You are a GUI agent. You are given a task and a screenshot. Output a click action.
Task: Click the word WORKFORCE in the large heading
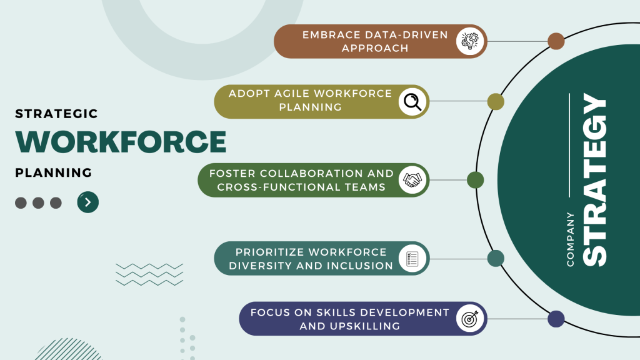(x=121, y=142)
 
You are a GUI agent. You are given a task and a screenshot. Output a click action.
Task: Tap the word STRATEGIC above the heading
(x=56, y=114)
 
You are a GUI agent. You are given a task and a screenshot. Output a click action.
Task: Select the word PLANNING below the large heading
(x=53, y=172)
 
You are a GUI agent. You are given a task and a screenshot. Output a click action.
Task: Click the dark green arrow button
(x=88, y=202)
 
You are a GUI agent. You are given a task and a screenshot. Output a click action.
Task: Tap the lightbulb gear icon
(x=469, y=41)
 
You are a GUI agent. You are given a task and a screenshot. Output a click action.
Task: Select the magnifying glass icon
(x=412, y=101)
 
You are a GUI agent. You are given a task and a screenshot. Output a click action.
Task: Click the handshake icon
(x=412, y=180)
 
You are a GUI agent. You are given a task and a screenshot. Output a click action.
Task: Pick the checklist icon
(x=412, y=258)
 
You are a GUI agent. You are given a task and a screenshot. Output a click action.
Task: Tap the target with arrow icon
(x=469, y=319)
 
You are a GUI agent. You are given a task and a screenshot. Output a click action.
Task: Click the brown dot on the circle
(x=556, y=41)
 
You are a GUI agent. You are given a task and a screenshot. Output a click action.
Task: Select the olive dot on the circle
(x=496, y=101)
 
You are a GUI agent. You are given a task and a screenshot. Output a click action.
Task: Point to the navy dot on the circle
(x=556, y=319)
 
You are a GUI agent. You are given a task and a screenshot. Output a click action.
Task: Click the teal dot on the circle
(x=496, y=258)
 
